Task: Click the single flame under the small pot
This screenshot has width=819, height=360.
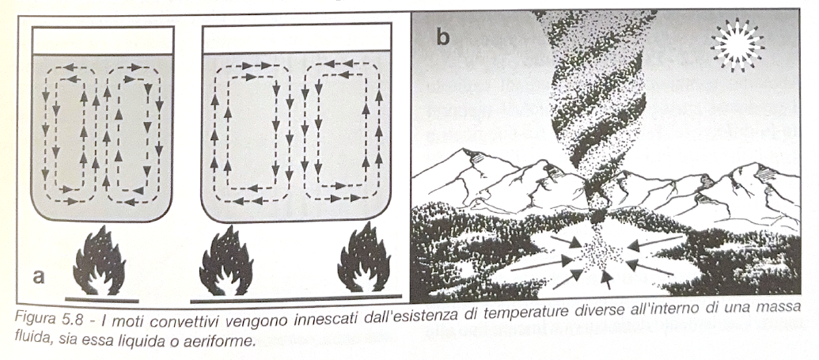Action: coord(100,261)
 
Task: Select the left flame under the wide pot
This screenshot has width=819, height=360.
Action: coord(226,263)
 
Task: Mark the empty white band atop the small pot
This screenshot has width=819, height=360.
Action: coord(103,40)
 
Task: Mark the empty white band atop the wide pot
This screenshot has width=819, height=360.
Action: coord(304,40)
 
